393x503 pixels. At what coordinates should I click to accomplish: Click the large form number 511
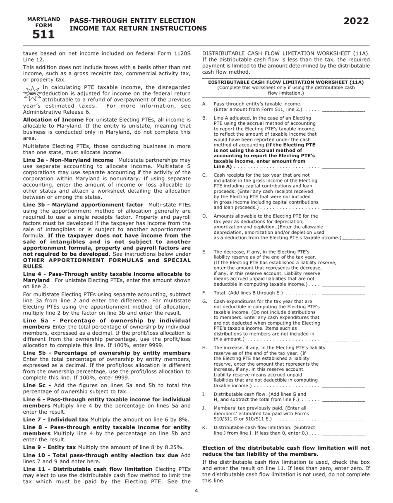click(x=43, y=35)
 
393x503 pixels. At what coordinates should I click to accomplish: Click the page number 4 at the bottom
click(x=196, y=491)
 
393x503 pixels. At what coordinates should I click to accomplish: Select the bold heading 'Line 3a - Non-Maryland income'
click(x=68, y=160)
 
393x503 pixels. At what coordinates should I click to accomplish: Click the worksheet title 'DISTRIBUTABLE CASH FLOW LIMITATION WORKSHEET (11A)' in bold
click(x=286, y=82)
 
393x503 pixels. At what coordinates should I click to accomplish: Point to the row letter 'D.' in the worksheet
click(x=205, y=216)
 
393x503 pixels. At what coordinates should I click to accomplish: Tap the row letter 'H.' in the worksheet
click(x=205, y=347)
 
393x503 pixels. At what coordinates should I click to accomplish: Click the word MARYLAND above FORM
click(x=43, y=19)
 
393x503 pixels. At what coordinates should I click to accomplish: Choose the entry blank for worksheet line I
click(x=343, y=400)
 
